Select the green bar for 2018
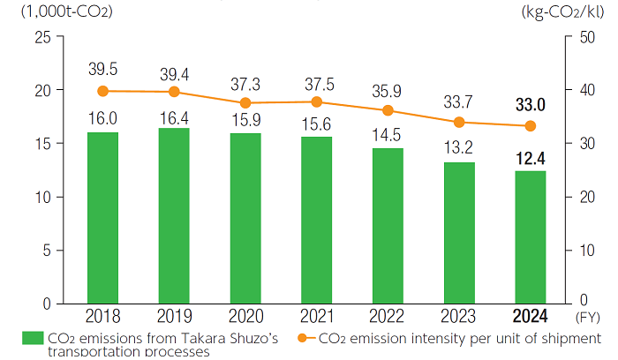pyautogui.click(x=102, y=217)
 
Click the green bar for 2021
pyautogui.click(x=316, y=220)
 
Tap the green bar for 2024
pyautogui.click(x=530, y=236)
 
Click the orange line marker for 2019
pyautogui.click(x=174, y=92)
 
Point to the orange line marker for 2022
pyautogui.click(x=388, y=110)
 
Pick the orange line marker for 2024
pyautogui.click(x=530, y=126)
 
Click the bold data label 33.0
pyautogui.click(x=530, y=105)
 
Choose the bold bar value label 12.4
pyautogui.click(x=530, y=159)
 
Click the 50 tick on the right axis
pyautogui.click(x=584, y=37)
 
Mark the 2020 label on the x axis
pyautogui.click(x=245, y=317)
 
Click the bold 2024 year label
pyautogui.click(x=530, y=317)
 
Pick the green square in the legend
pyautogui.click(x=32, y=337)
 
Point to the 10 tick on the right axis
pyautogui.click(x=584, y=250)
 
